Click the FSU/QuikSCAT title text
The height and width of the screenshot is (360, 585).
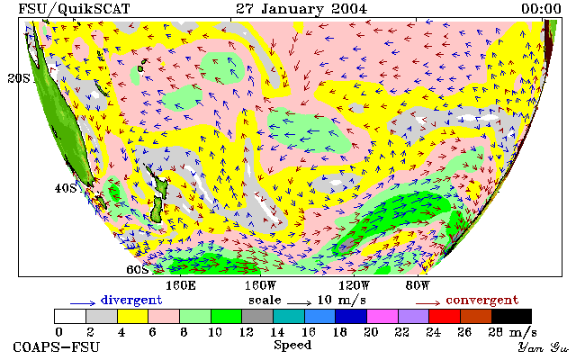74,9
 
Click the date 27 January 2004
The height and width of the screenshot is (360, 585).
301,9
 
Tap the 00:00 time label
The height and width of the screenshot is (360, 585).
541,9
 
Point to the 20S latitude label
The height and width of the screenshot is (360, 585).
19,78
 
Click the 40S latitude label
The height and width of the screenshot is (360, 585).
66,188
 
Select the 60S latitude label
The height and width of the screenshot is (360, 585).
138,269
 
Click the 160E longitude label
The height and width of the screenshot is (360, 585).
181,286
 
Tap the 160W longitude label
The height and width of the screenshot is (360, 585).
260,286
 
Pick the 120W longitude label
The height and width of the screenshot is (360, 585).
354,286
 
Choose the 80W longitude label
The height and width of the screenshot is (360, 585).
418,286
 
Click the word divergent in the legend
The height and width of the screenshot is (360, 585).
131,301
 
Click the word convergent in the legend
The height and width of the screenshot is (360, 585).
482,301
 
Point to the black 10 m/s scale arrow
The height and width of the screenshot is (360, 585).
299,303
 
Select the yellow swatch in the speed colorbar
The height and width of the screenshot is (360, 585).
132,316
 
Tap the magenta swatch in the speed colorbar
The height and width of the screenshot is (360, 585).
382,316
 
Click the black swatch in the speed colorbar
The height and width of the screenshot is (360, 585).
511,316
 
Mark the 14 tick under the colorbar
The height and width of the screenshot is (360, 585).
277,332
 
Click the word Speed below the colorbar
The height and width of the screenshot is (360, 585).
292,345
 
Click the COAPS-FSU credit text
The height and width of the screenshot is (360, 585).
57,347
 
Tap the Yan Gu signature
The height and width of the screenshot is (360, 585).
544,347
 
